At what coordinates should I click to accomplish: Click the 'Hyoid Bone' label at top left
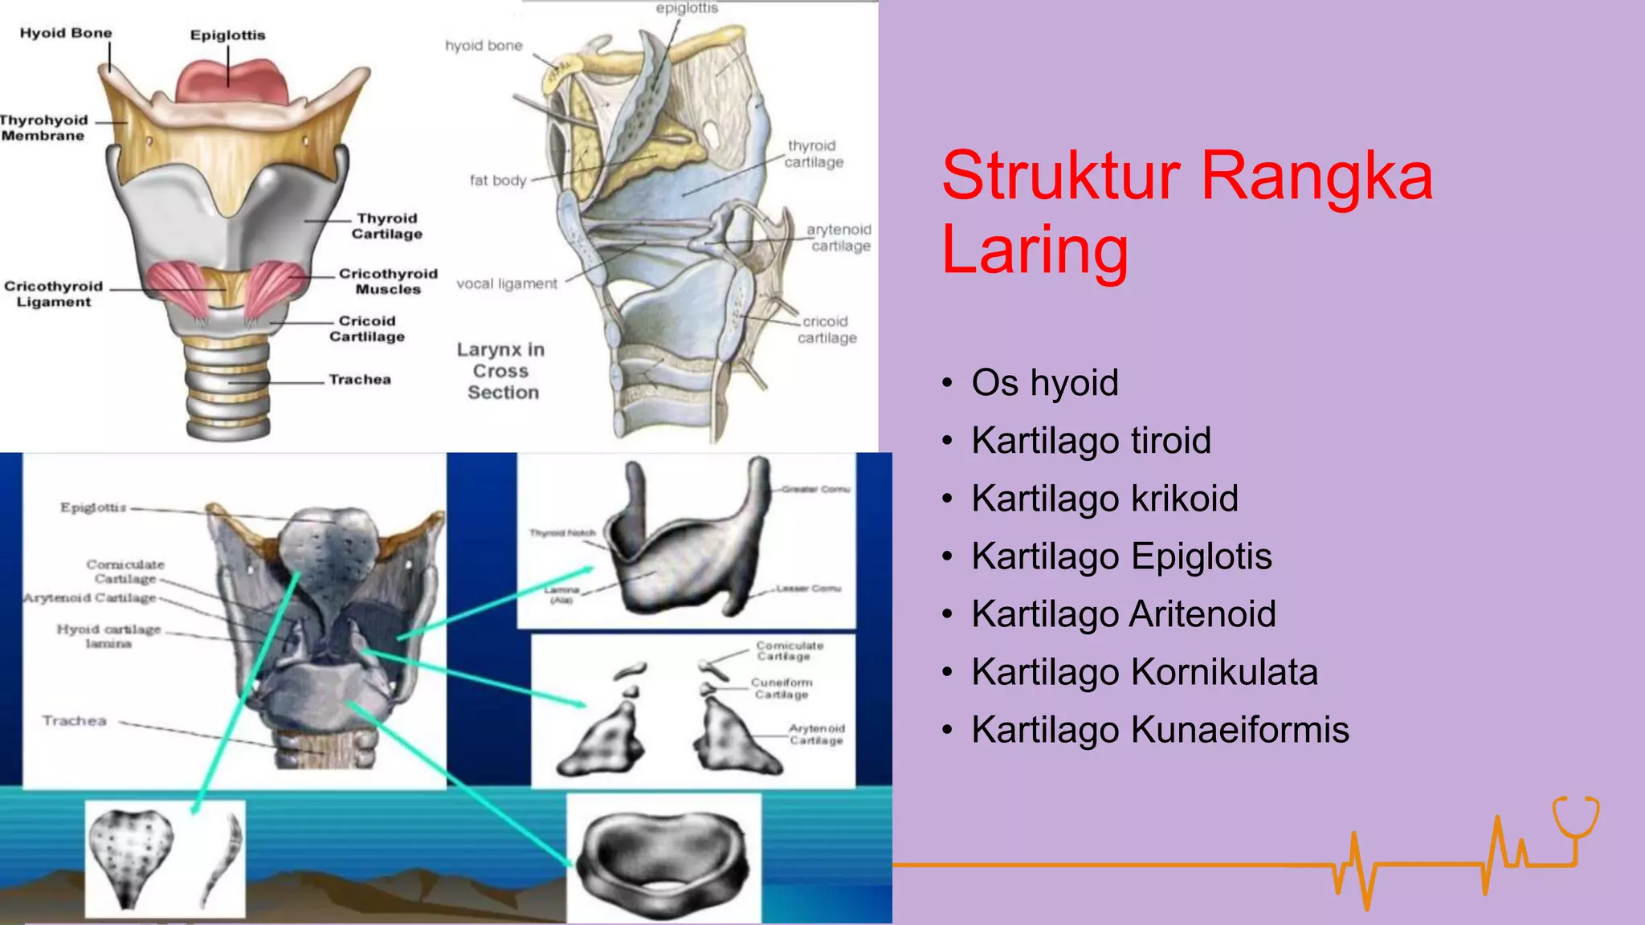(66, 33)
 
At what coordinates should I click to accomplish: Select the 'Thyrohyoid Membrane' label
(43, 128)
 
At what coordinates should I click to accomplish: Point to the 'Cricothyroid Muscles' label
(388, 281)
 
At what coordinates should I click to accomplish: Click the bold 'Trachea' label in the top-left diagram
(360, 379)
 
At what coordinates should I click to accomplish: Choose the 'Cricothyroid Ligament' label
(54, 294)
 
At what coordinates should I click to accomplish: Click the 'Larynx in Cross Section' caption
(502, 371)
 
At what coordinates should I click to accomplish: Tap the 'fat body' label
(498, 181)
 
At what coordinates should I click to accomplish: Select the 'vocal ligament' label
(507, 283)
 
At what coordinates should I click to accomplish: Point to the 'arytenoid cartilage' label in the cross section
(839, 238)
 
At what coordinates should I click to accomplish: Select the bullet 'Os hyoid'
(1044, 382)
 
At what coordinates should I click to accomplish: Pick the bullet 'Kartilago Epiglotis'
(1121, 556)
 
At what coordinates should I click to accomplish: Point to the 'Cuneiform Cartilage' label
(782, 688)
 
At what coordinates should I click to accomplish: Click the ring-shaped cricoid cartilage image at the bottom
(663, 857)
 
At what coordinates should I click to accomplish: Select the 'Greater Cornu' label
(815, 489)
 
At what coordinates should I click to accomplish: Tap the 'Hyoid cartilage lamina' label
(108, 636)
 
